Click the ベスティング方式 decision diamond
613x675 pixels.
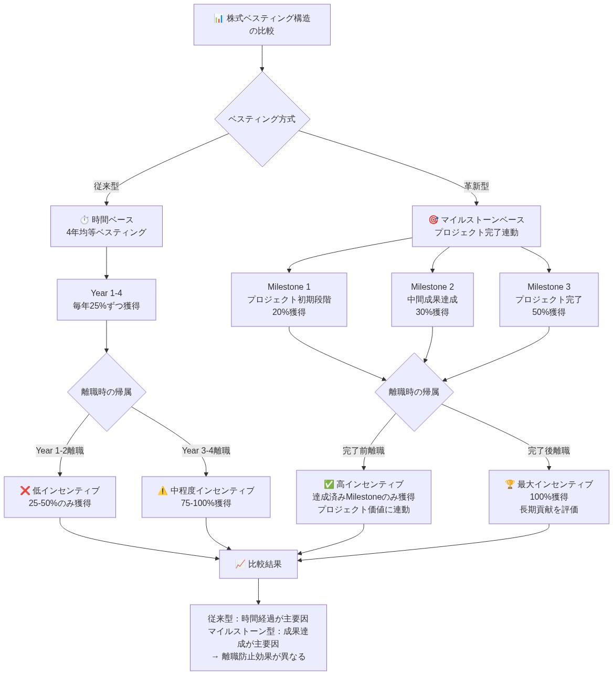point(262,119)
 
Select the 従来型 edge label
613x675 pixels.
point(107,186)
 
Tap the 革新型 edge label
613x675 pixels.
point(476,186)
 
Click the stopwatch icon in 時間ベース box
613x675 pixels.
point(84,220)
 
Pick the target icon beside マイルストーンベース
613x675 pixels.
point(434,220)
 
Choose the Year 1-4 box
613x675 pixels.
point(107,300)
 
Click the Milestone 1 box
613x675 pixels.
point(289,300)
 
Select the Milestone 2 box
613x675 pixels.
point(432,300)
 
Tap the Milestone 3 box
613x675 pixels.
point(549,300)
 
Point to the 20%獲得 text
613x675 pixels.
point(289,312)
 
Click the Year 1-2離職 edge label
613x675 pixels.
point(60,451)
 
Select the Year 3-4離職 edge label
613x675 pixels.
point(206,451)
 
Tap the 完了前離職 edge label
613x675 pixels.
point(364,451)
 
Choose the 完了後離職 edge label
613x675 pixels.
point(549,451)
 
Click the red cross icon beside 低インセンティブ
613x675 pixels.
point(25,491)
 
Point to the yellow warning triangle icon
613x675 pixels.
point(163,491)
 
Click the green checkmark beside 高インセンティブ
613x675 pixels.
point(329,484)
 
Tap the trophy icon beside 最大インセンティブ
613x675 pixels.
point(510,484)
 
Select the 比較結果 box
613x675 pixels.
point(258,564)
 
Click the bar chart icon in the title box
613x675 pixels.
point(219,18)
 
